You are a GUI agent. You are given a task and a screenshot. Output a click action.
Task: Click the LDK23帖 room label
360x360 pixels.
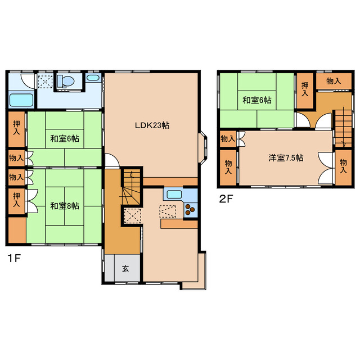[152, 125]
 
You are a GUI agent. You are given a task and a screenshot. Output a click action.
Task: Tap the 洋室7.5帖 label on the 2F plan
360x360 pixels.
[286, 158]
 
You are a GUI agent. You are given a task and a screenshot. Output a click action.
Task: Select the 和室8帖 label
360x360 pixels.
[65, 206]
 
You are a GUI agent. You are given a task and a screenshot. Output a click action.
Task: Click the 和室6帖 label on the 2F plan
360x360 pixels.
[257, 100]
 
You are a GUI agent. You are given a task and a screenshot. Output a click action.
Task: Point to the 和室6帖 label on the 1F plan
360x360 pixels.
[65, 139]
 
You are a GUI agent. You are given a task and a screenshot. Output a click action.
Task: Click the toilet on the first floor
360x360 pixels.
[66, 81]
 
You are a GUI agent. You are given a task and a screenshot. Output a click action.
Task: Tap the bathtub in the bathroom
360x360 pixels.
[21, 100]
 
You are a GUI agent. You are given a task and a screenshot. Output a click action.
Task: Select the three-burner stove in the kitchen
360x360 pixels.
[190, 210]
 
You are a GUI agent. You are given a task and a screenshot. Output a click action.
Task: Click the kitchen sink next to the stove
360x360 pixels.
[174, 195]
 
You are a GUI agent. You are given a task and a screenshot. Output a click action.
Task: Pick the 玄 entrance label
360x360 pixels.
[125, 268]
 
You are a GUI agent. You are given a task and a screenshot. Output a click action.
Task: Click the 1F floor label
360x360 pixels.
[14, 259]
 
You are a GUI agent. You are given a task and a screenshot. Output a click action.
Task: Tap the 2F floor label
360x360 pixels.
[226, 199]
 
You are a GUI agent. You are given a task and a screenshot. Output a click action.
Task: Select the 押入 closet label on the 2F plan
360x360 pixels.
[305, 89]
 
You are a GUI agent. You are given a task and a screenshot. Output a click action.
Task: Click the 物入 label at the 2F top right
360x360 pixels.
[334, 81]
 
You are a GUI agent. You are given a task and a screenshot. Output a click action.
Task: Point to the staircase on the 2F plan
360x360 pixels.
[343, 128]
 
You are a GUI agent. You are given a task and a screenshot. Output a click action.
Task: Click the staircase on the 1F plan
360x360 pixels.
[131, 187]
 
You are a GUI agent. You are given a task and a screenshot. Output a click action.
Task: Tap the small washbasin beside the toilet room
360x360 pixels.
[93, 78]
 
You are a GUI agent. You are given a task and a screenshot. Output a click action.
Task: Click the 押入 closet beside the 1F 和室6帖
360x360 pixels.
[16, 129]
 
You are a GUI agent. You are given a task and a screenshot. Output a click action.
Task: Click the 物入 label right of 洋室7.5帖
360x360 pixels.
[343, 166]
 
